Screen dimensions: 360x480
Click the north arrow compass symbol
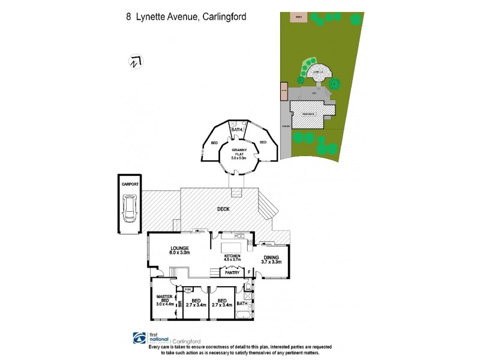tap(135, 61)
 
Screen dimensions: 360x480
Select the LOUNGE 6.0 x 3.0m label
tap(179, 250)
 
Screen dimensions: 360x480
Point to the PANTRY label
tap(232, 273)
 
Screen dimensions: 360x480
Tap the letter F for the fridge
tap(249, 272)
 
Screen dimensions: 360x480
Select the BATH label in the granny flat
tap(237, 129)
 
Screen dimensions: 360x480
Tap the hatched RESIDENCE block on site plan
tap(308, 113)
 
